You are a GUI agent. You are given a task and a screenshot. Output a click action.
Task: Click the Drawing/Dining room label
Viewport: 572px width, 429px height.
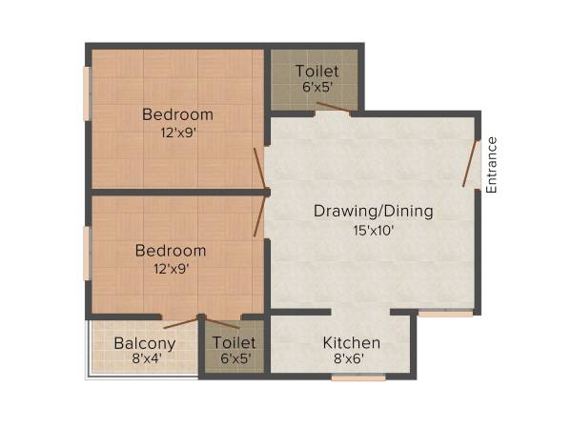click(x=374, y=211)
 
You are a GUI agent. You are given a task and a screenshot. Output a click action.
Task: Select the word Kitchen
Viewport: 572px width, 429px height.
click(x=351, y=343)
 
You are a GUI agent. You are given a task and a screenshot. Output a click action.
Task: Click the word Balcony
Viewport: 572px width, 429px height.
click(x=145, y=344)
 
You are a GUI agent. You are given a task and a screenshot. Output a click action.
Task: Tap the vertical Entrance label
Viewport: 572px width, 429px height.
click(x=492, y=165)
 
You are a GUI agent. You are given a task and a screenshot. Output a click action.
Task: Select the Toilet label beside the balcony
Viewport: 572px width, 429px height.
click(x=235, y=343)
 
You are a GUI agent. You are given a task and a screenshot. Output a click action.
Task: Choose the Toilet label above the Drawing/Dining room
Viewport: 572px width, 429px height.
click(x=315, y=71)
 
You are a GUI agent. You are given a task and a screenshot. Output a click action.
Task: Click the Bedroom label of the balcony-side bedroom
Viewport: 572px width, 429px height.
click(x=171, y=251)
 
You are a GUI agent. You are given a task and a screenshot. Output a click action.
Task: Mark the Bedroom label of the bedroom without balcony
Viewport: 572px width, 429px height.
click(x=177, y=115)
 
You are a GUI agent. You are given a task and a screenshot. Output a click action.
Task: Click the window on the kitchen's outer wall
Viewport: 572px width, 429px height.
click(x=358, y=378)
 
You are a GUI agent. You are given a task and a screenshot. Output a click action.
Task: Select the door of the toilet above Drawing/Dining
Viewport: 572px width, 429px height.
click(x=333, y=112)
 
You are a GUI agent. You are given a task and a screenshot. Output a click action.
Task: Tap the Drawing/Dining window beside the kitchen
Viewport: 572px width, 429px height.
click(x=445, y=313)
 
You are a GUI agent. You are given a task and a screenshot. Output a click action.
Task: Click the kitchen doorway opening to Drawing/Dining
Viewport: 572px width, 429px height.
click(x=359, y=313)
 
